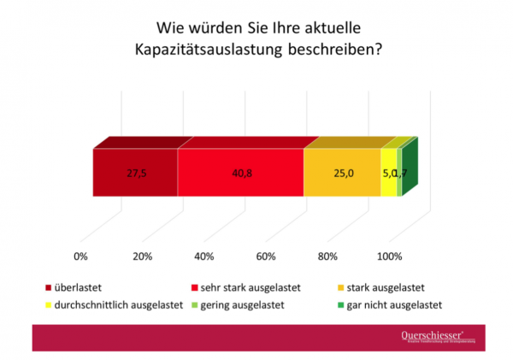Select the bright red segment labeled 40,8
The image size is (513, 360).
coord(240,173)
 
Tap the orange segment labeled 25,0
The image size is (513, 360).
coord(342,173)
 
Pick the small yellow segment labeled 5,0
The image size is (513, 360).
coord(388,173)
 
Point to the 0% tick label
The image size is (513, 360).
coord(82,256)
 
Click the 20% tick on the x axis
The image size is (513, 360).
coord(144,256)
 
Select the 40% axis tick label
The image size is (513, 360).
coord(205,256)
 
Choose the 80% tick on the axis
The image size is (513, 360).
coord(328,256)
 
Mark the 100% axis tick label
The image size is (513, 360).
coord(390,256)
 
